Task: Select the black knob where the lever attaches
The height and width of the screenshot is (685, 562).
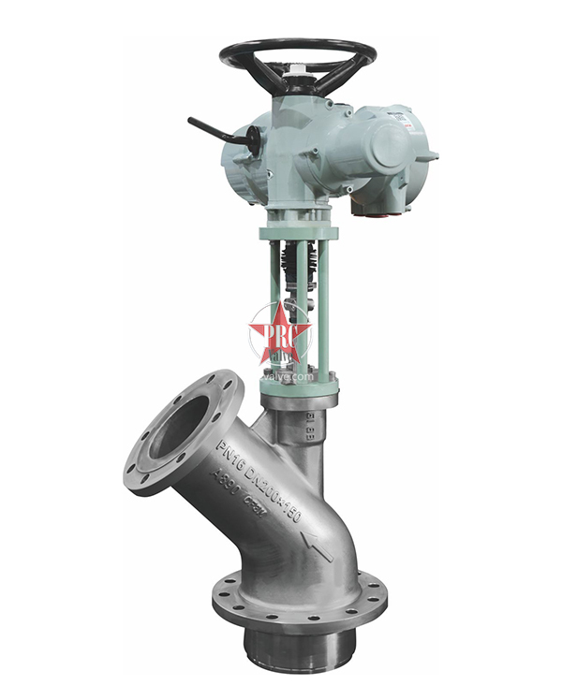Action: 252,139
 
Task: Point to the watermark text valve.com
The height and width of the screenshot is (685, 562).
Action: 288,375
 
